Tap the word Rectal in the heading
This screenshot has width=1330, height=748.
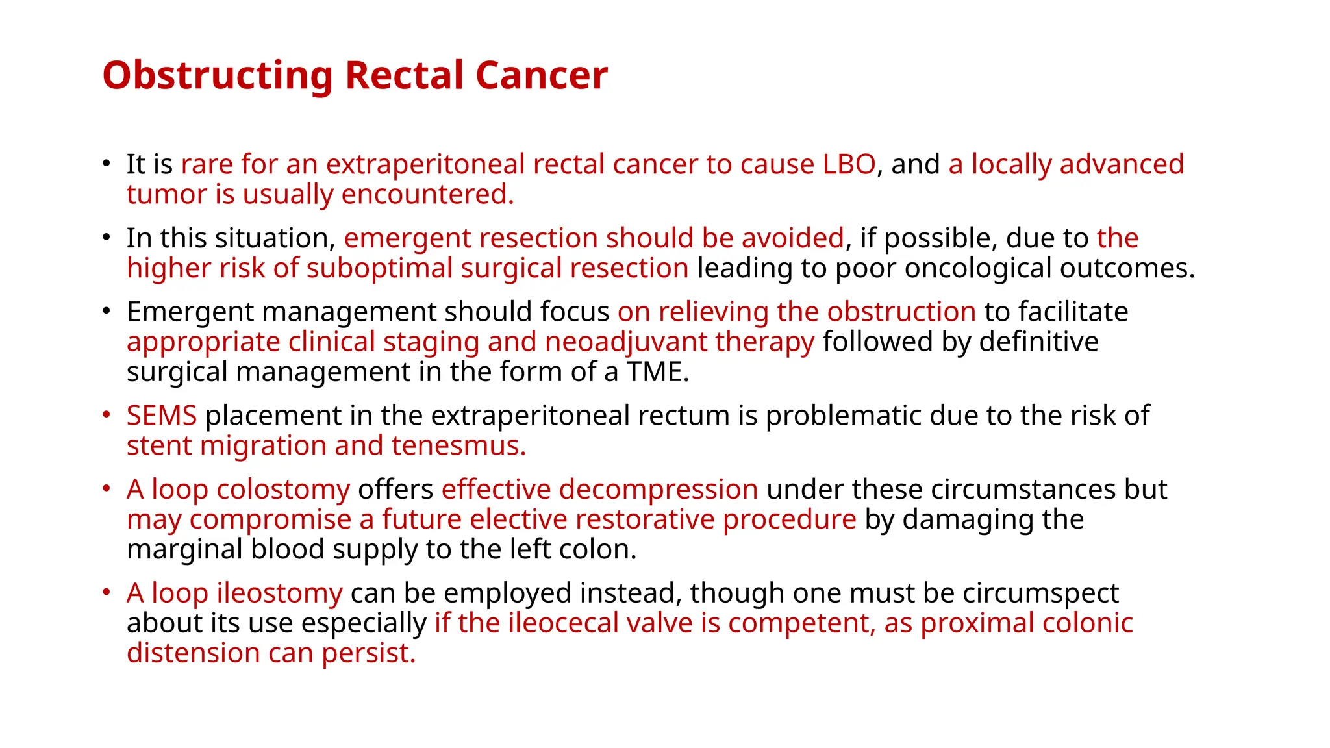click(405, 75)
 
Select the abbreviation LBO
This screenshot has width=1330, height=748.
click(849, 164)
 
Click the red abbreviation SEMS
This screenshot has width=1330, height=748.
click(162, 416)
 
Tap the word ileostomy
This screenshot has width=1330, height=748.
click(279, 593)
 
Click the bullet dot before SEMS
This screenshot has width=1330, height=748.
click(107, 414)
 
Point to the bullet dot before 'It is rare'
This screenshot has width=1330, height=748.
click(107, 163)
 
